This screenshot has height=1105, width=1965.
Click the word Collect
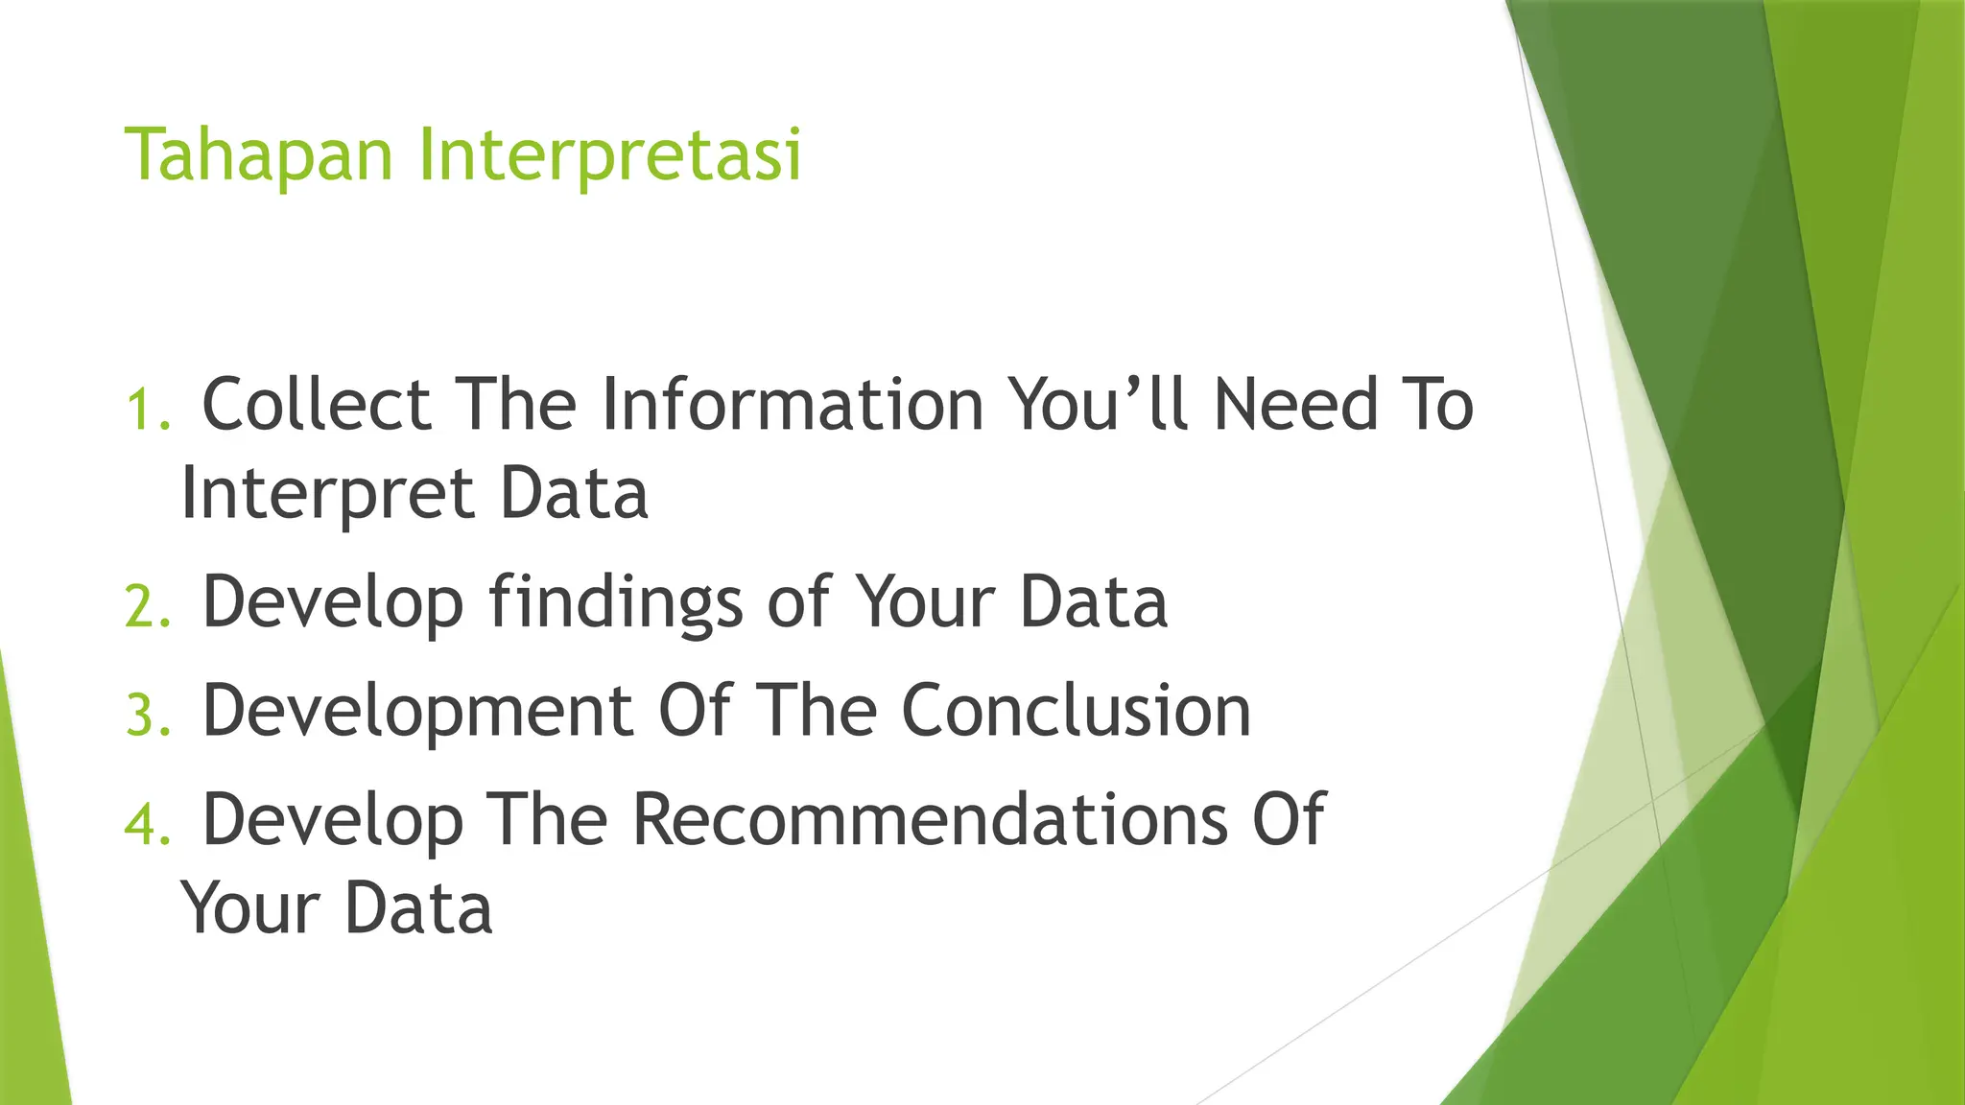pyautogui.click(x=317, y=405)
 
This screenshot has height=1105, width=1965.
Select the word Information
pyautogui.click(x=793, y=405)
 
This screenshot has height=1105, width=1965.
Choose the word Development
pyautogui.click(x=417, y=713)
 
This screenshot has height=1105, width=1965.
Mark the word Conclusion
pyautogui.click(x=1076, y=713)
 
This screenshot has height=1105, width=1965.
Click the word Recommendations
pyautogui.click(x=930, y=821)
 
